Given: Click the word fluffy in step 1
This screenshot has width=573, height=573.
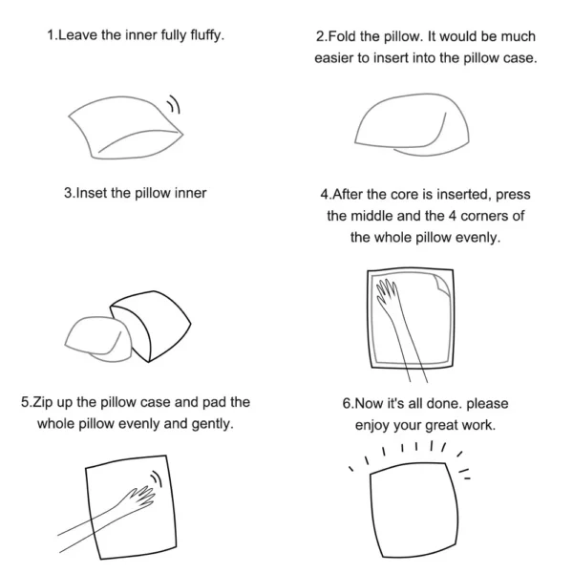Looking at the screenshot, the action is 207,35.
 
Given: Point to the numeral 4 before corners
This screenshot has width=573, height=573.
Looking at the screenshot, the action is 453,216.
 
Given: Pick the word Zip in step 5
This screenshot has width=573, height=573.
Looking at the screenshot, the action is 43,402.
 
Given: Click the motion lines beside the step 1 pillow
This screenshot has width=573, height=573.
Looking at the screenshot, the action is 174,104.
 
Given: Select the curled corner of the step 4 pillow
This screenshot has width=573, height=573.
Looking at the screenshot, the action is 442,285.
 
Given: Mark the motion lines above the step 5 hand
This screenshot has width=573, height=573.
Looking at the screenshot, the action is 157,478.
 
